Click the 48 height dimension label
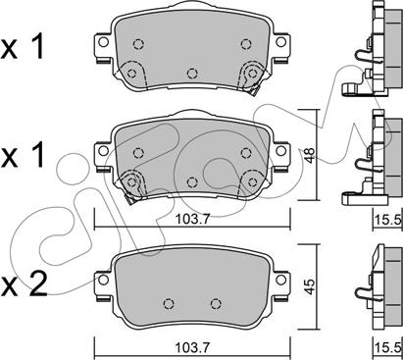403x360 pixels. [310, 155]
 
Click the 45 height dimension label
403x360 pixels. [310, 286]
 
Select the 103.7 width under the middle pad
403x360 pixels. [192, 219]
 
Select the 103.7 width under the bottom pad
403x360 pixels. [192, 347]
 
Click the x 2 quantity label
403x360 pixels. [25, 285]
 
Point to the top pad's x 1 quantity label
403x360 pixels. [23, 48]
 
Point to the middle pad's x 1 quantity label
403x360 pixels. [23, 155]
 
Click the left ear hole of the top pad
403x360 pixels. [103, 42]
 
